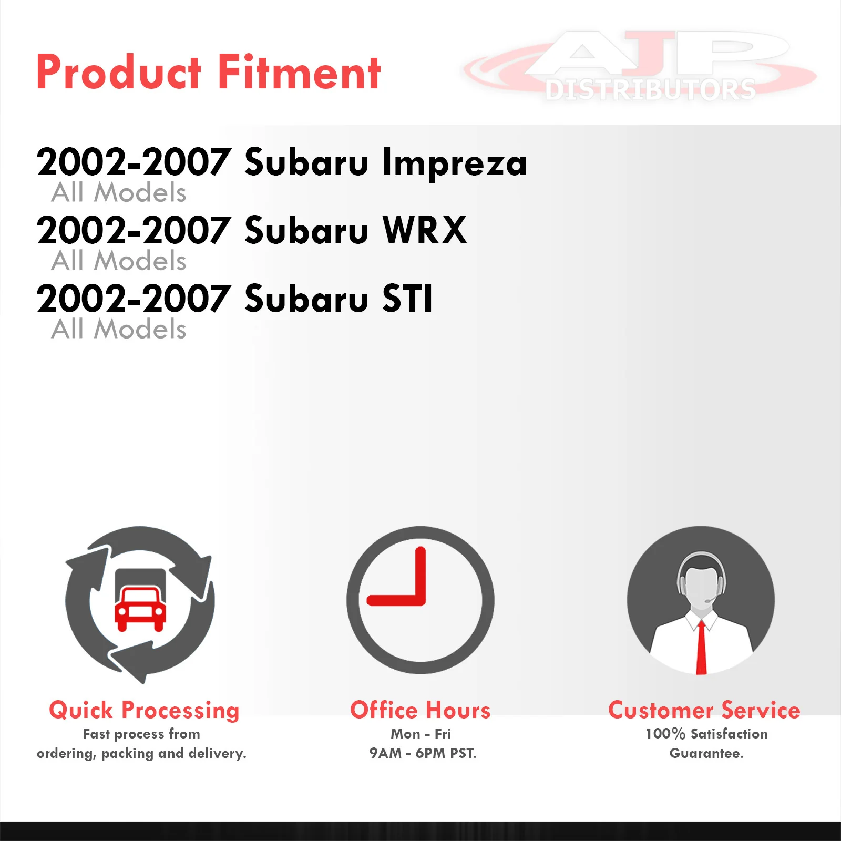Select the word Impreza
(x=454, y=163)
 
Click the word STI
(x=407, y=298)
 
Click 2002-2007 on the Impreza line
(x=134, y=162)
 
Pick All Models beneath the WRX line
(x=119, y=261)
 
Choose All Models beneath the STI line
(x=119, y=329)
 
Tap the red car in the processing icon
(x=140, y=609)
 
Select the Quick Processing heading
(x=144, y=711)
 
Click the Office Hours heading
(x=420, y=710)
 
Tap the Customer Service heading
(x=704, y=710)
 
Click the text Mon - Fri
(x=420, y=734)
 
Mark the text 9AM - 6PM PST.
(x=423, y=753)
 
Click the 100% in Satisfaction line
(x=665, y=734)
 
